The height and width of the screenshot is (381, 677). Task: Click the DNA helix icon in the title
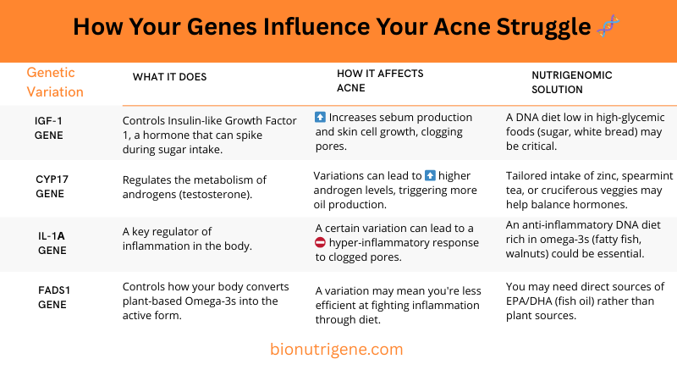tap(608, 26)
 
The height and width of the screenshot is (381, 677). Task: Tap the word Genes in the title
tap(217, 27)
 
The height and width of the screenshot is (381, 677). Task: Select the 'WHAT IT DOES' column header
tap(169, 77)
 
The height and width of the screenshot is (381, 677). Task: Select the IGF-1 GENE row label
tap(49, 128)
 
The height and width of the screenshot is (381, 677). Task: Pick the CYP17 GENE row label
tap(51, 187)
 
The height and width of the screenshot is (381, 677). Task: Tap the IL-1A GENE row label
tap(52, 243)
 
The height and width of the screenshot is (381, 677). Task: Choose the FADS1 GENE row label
tap(52, 297)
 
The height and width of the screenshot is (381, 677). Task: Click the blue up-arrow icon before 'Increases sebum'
tap(320, 118)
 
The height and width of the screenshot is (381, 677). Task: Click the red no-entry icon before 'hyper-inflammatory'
tap(320, 243)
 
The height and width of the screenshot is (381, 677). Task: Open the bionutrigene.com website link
tap(336, 349)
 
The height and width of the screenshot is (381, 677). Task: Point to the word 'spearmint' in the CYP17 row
tap(634, 175)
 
